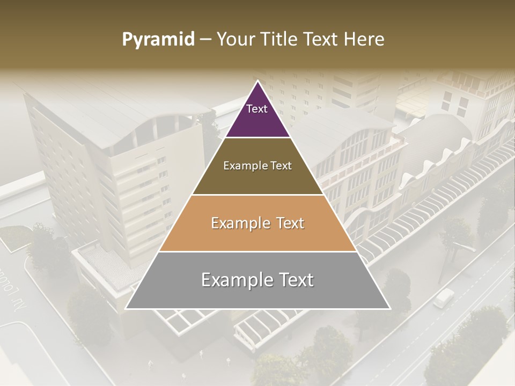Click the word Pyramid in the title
click(x=158, y=40)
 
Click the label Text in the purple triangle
click(x=256, y=109)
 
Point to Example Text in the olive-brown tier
click(x=257, y=166)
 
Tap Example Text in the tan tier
click(x=257, y=223)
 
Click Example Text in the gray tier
click(x=257, y=280)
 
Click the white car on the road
click(x=443, y=298)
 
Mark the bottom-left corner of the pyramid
click(x=126, y=308)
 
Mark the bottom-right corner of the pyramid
click(x=389, y=308)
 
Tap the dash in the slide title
click(x=205, y=40)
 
